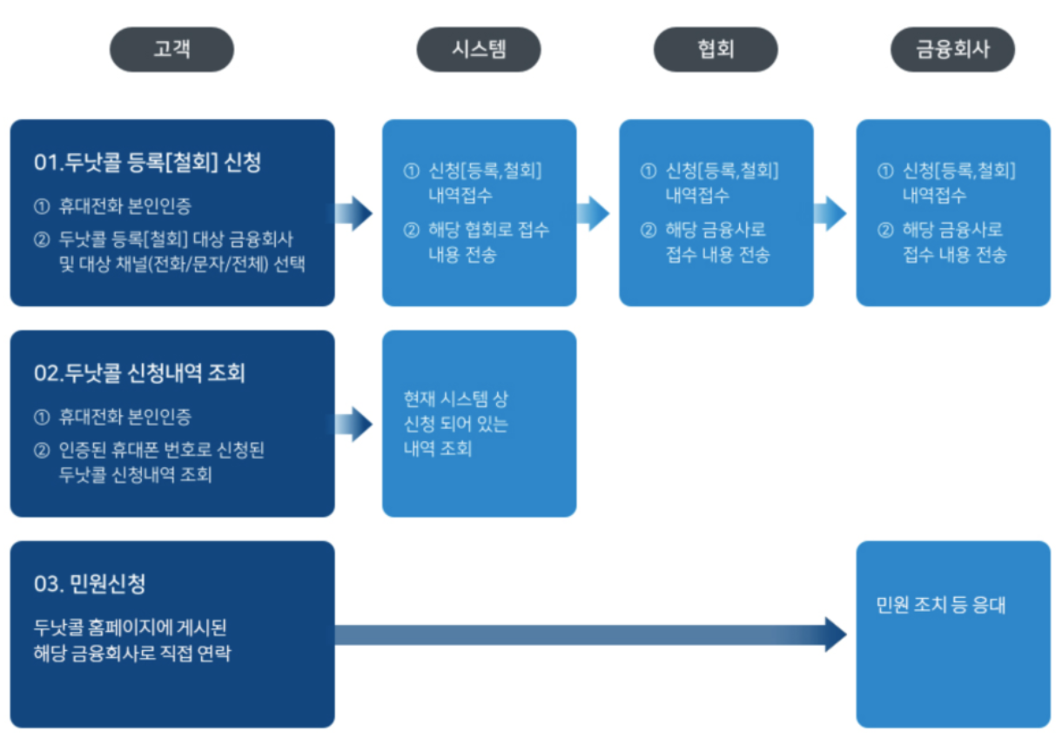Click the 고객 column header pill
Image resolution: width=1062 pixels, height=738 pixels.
171,49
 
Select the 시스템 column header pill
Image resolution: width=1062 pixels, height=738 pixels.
479,49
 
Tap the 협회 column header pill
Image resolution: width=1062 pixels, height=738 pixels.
716,49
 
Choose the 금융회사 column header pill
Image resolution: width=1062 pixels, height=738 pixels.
952,49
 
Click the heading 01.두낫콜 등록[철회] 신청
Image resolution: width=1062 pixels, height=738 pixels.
148,163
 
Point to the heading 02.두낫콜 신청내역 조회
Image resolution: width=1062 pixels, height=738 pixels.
140,373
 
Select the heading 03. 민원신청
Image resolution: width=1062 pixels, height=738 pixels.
90,584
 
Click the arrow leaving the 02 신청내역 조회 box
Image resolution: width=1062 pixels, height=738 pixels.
355,424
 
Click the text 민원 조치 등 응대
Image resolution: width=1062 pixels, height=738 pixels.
941,605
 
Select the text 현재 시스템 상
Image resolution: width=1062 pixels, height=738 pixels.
456,399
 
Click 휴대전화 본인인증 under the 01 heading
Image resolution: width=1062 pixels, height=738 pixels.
124,207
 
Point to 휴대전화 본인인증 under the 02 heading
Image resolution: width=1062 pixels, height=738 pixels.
124,417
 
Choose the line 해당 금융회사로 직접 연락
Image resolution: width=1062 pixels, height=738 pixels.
132,654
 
